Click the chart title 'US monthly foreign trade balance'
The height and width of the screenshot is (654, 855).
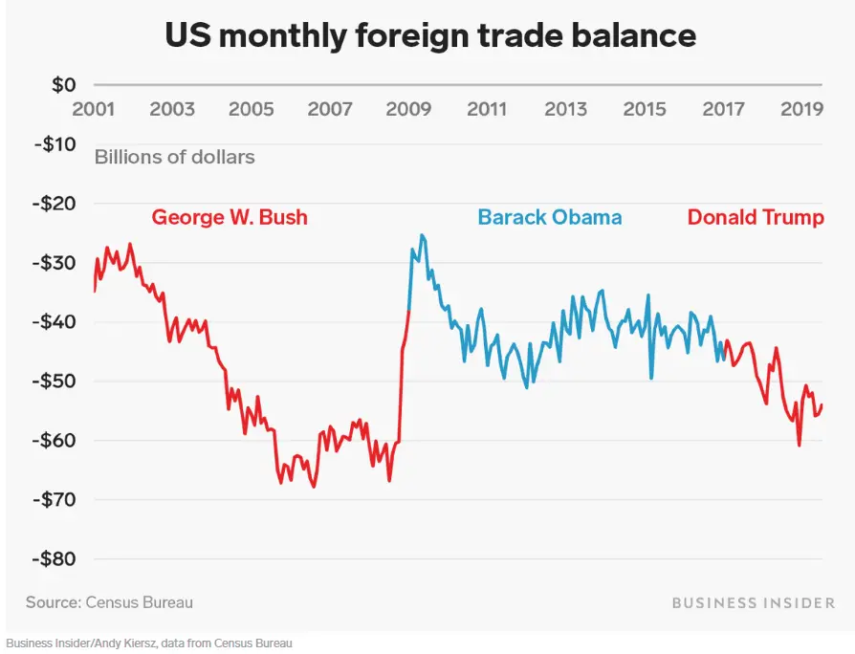click(x=430, y=35)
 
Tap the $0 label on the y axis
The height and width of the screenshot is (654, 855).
click(x=63, y=85)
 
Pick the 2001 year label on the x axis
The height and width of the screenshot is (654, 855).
click(x=94, y=109)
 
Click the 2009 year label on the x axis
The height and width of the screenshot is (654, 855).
click(x=408, y=109)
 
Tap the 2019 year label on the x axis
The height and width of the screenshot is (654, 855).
click(x=802, y=109)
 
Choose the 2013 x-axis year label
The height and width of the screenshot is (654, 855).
click(x=566, y=109)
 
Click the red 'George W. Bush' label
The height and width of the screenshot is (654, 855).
click(x=230, y=217)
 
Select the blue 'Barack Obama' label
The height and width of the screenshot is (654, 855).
click(x=550, y=217)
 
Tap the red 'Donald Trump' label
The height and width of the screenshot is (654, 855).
click(x=756, y=217)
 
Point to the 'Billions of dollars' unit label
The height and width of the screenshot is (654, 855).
click(x=174, y=156)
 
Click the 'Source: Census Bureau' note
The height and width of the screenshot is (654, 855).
click(x=109, y=602)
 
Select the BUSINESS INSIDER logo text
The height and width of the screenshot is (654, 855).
click(x=753, y=602)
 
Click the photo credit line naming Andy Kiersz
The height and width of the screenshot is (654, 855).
click(x=148, y=643)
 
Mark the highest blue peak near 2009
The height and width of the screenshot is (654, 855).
click(x=422, y=235)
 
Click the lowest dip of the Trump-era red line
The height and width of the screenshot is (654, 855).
click(x=799, y=445)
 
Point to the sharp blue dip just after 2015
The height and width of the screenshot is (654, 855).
click(x=651, y=378)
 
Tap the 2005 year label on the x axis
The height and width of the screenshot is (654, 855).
click(x=252, y=109)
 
